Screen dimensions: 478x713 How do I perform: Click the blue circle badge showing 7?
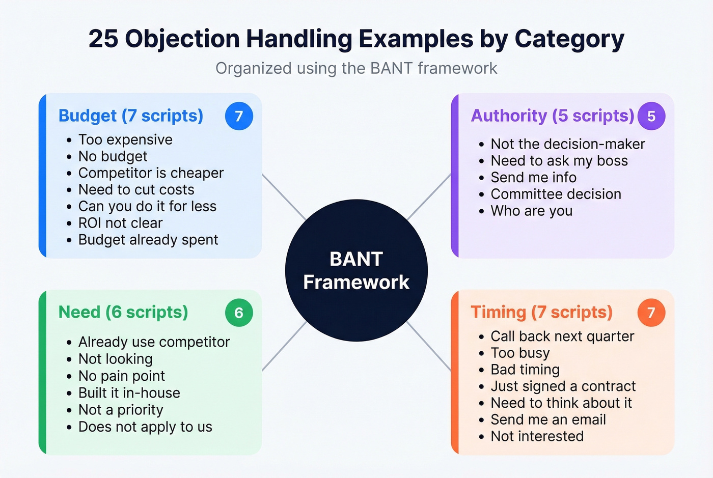coord(239,116)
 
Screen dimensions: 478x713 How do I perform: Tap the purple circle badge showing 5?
coord(651,116)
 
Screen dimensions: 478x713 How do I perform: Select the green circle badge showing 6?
coord(239,313)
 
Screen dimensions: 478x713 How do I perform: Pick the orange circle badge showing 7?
coord(651,313)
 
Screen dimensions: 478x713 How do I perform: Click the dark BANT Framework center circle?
coord(356,270)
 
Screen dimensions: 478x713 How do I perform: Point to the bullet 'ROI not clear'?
coord(120,223)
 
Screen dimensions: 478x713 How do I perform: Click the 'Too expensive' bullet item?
coord(125,139)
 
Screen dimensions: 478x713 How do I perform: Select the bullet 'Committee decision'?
coord(556,194)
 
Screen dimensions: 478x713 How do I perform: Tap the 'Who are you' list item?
coord(531,211)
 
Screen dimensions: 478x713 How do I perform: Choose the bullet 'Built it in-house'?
coord(129,393)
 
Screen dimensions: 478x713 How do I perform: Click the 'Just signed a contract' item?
coord(563,386)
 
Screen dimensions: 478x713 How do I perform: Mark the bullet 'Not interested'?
coord(537,436)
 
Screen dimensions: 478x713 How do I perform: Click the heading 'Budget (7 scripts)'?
coord(131,116)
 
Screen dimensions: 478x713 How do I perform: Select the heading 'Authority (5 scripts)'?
coord(552,116)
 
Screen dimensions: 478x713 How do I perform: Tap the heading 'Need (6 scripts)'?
coord(123,312)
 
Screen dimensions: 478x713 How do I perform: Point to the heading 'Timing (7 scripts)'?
coord(541,312)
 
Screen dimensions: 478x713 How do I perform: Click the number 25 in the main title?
coord(103,39)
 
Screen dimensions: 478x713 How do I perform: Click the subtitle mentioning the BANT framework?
coord(356,68)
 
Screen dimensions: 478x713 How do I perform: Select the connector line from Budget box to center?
coord(284,197)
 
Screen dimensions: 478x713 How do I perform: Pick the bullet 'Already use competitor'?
coord(154,342)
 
